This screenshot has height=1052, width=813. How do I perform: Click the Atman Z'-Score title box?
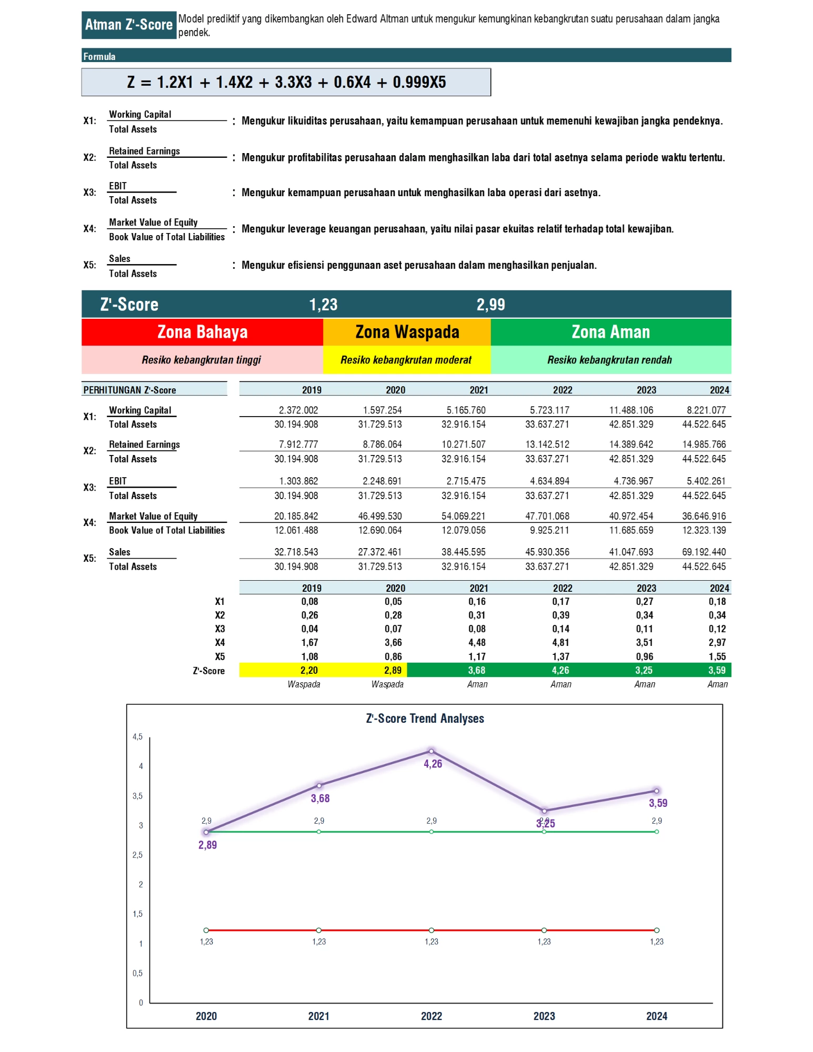128,25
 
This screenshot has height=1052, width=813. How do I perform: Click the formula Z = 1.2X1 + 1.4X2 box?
286,82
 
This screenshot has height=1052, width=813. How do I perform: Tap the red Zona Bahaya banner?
202,332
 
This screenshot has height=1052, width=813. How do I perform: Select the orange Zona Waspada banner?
407,332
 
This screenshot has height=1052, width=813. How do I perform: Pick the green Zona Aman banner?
610,332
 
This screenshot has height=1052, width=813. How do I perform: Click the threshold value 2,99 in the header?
490,305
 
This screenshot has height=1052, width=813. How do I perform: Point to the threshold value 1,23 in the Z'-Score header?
323,305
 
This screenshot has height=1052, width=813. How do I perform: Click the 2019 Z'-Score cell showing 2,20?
309,670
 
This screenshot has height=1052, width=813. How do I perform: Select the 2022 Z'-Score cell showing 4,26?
560,670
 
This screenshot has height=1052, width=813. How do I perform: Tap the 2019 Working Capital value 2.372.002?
298,410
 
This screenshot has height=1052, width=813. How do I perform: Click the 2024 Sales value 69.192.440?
704,552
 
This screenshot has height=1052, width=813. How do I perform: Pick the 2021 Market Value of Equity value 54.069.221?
464,516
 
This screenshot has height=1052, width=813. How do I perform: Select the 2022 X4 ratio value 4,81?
560,642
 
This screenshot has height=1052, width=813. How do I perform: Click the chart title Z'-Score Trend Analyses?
425,719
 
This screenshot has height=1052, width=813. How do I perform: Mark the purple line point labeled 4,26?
431,751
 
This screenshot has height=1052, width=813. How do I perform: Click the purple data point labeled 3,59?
657,791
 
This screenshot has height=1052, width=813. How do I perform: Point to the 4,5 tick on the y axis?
137,737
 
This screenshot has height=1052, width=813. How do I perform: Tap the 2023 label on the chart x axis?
544,1016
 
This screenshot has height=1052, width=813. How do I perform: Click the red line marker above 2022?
431,930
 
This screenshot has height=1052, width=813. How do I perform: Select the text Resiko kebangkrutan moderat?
406,360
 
